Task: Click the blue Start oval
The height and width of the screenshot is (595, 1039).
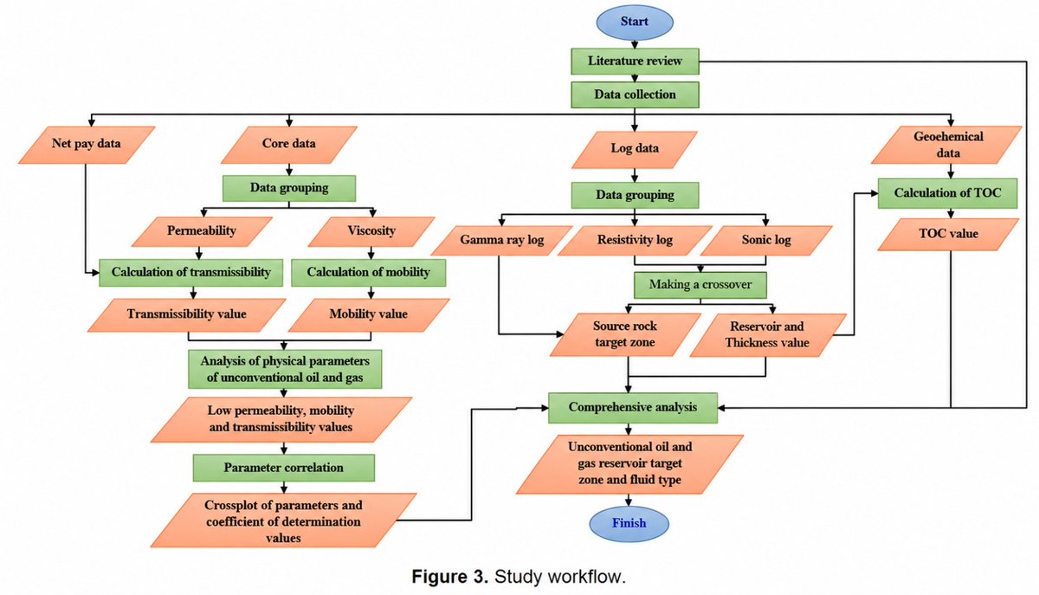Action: pos(634,23)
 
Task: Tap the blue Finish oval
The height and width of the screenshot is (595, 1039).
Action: pos(629,523)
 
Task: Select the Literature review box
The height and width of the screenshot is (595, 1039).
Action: pos(635,61)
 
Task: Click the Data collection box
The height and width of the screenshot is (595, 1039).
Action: pos(635,94)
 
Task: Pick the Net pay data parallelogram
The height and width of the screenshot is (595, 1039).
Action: pos(87,145)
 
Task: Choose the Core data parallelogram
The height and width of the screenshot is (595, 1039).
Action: pos(288,145)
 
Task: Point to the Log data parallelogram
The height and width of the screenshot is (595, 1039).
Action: pos(634,150)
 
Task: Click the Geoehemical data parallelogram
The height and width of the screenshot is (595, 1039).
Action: pos(946,145)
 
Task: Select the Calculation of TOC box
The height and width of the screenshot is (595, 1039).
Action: pos(947,193)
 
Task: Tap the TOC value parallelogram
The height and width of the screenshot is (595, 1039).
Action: pos(948,235)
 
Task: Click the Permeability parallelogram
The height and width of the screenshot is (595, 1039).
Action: pos(202,231)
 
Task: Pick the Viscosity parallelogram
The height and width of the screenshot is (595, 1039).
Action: pos(371,231)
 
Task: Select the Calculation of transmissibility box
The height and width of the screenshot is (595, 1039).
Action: pos(190,273)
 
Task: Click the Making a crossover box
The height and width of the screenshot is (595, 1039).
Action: pos(700,285)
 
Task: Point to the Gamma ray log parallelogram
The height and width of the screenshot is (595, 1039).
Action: pos(501,241)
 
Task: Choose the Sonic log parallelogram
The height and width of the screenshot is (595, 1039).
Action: pos(765,241)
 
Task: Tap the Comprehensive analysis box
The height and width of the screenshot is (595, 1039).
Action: pos(633,408)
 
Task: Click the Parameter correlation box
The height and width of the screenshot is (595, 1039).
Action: pos(284,468)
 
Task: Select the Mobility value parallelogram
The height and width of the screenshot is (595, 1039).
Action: pos(369,315)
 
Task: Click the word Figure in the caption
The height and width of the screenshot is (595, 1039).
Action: pos(449,577)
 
